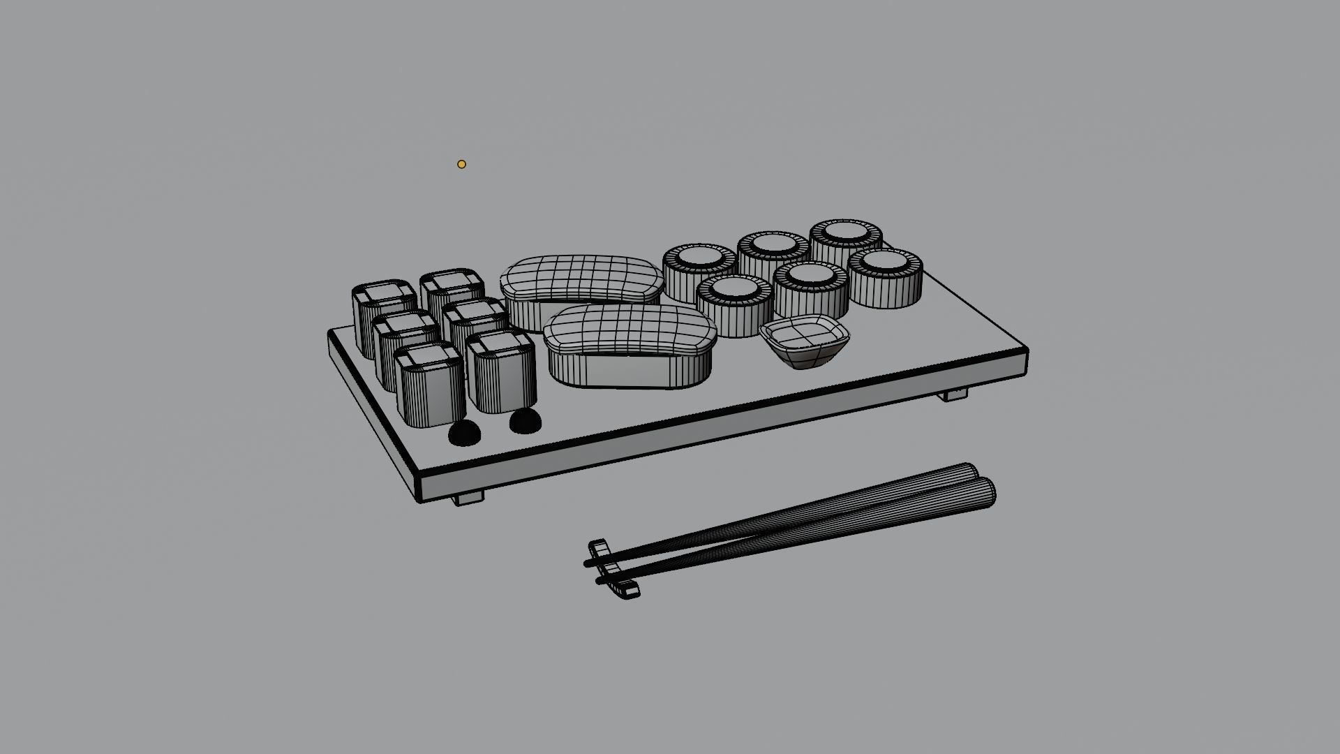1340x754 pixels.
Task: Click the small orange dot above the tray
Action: (461, 164)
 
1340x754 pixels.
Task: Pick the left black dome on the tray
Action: (464, 433)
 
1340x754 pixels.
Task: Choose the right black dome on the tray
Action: (525, 421)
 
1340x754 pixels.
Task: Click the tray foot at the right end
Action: (955, 394)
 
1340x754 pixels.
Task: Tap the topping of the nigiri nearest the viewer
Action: (630, 329)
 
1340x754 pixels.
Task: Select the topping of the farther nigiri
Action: (581, 279)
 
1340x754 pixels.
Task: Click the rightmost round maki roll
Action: (885, 277)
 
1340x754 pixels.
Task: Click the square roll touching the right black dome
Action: (501, 374)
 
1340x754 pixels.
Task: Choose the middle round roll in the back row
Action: (773, 255)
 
